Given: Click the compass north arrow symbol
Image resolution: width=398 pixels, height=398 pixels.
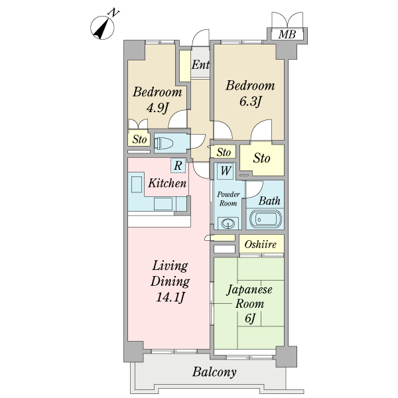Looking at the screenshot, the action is [102, 28].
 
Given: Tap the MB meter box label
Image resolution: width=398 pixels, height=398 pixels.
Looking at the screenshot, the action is [287, 34].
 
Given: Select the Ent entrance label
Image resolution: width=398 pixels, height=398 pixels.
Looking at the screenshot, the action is [200, 65].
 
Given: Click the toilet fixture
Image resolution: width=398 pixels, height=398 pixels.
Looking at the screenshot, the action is [164, 143].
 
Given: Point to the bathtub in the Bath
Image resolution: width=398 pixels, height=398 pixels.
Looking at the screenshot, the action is [265, 220].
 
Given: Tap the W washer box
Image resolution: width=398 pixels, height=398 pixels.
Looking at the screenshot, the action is [226, 171].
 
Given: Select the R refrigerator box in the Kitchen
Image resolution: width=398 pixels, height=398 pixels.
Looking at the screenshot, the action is [178, 166].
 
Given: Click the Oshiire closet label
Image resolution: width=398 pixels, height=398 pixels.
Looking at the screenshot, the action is [261, 244].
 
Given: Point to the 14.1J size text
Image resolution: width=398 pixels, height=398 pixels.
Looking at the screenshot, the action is [170, 297].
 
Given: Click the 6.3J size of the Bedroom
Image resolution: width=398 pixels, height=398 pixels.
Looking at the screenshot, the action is [250, 101].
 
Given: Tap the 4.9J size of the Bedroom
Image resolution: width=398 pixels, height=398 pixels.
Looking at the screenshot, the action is [157, 108].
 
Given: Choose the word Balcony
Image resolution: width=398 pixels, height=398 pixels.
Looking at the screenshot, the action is [214, 372].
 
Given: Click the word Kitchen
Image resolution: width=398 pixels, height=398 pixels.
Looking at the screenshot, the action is [167, 183].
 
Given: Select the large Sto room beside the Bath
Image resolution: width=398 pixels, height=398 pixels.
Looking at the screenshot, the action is [262, 159].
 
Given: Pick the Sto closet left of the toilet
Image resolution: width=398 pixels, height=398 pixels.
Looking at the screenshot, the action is [139, 139].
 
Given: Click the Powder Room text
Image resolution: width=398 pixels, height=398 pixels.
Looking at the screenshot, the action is [228, 199].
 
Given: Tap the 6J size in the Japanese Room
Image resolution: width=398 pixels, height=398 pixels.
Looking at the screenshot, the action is [250, 318].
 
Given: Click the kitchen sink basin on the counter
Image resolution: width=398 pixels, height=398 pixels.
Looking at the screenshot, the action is [137, 184].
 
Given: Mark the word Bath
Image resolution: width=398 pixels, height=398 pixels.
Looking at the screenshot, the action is [269, 201].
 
